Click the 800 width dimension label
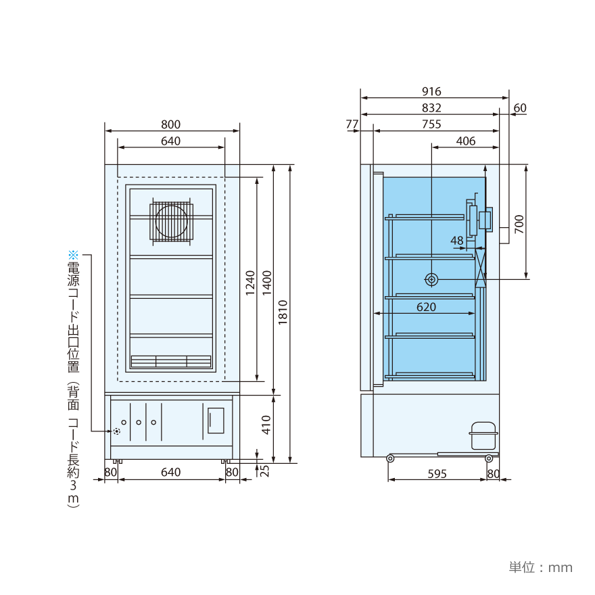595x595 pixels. point(171,124)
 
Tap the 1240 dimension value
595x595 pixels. point(250,283)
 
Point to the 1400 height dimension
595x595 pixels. point(267,283)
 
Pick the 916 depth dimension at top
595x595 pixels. point(431,91)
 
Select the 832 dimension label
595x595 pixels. point(431,108)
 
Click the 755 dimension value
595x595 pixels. point(431,124)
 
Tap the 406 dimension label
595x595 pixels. point(466,141)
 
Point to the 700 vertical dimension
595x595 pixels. point(519,224)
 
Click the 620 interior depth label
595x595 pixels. point(426,307)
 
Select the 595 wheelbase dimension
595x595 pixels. point(437,474)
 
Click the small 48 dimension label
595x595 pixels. point(457,241)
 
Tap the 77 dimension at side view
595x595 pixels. point(352,124)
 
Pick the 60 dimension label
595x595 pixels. point(520,108)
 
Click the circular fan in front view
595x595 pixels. point(172,220)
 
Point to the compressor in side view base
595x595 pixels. point(483,435)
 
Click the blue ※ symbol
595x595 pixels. point(73,255)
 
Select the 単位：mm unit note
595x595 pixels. point(540,567)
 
